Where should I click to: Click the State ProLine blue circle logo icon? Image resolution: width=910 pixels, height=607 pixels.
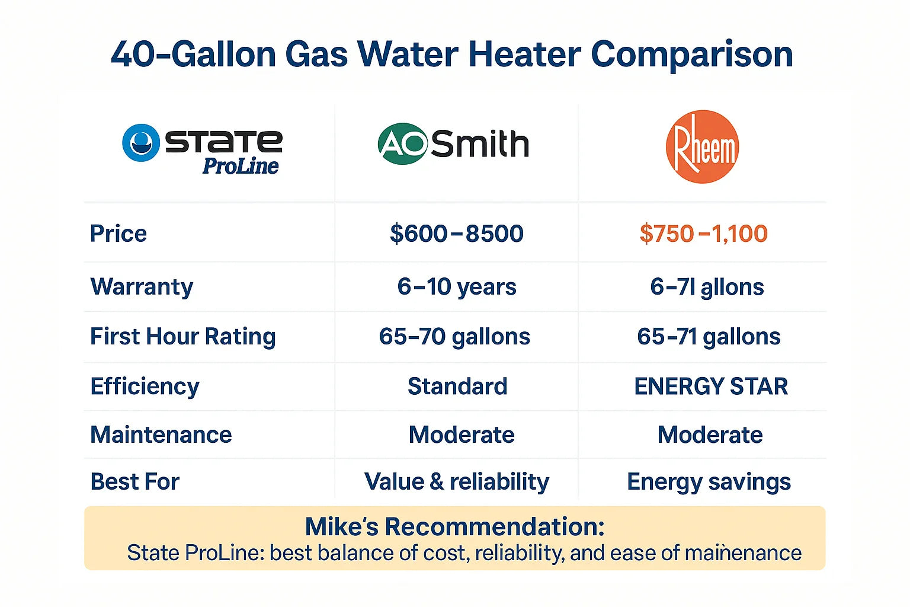tap(141, 143)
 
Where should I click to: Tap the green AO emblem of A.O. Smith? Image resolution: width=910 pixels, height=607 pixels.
tap(403, 143)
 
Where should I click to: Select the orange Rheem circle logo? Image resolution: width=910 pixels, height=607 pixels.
tap(702, 146)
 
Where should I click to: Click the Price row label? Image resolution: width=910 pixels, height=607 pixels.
tap(118, 234)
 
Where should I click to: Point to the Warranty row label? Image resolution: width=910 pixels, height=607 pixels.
tap(142, 287)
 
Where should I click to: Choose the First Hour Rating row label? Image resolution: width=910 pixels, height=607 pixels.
tap(182, 337)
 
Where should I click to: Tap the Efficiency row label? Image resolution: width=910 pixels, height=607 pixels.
tap(145, 386)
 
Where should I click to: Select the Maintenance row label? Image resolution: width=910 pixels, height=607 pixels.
tap(161, 435)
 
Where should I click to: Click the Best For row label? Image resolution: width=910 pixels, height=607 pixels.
tap(134, 482)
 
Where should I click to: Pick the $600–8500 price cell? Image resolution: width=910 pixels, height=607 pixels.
tap(456, 234)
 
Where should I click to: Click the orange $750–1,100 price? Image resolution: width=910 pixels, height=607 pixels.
tap(703, 234)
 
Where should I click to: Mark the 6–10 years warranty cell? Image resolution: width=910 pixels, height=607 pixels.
tap(456, 287)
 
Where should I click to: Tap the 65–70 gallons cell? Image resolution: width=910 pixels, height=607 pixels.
tap(454, 337)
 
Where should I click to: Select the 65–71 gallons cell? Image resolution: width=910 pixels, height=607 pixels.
tap(709, 337)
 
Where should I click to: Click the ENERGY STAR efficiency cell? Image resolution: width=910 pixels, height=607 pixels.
tap(711, 386)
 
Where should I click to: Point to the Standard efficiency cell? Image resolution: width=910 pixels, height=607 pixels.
tap(457, 386)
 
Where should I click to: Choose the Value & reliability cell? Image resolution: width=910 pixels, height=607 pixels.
tap(456, 482)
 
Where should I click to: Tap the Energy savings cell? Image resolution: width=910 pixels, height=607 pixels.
tap(709, 482)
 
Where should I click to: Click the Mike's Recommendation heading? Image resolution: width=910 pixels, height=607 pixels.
tap(454, 526)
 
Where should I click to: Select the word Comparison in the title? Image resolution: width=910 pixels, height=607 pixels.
tap(691, 55)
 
